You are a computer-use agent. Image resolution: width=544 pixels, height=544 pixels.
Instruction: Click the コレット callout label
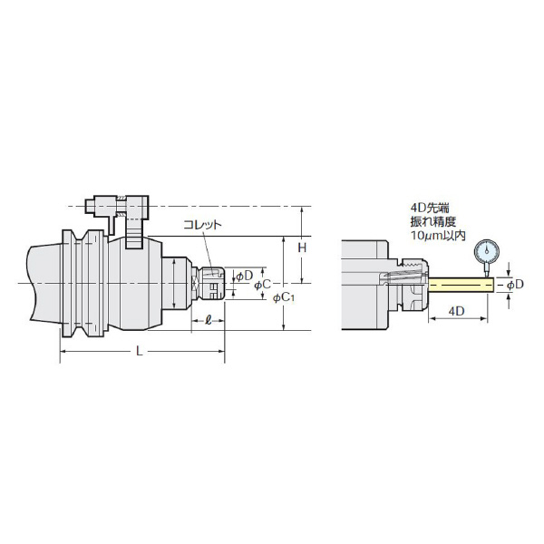click(x=202, y=225)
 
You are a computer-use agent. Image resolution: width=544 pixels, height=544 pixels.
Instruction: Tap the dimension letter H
click(x=303, y=248)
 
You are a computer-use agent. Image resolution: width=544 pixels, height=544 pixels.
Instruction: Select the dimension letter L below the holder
click(x=139, y=352)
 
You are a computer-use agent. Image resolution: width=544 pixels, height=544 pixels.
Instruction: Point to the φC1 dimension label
click(x=284, y=297)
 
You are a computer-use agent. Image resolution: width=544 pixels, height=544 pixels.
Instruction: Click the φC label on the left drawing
click(x=262, y=285)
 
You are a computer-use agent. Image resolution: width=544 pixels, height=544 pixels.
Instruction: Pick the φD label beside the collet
click(x=245, y=277)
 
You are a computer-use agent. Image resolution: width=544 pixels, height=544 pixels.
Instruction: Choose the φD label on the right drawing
click(x=515, y=285)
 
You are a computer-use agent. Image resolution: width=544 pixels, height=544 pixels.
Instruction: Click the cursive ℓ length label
click(x=209, y=320)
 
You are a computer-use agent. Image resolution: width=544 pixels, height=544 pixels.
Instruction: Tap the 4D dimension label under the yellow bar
click(x=457, y=311)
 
